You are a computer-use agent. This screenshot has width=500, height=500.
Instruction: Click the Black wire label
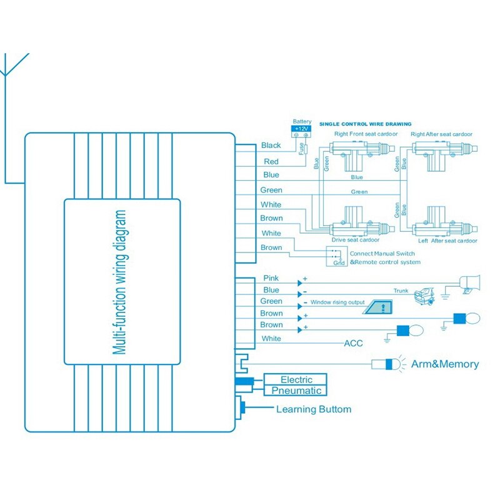(x=271, y=146)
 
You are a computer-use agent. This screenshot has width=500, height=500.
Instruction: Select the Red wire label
(x=271, y=162)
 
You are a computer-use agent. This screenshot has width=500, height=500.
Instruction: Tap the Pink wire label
(x=271, y=278)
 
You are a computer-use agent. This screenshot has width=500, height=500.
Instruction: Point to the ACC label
(x=353, y=343)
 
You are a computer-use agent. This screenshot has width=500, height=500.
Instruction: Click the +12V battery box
(x=301, y=129)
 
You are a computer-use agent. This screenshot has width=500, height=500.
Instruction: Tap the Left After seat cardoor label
(x=447, y=241)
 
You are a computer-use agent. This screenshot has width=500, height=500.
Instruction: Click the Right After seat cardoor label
(x=441, y=134)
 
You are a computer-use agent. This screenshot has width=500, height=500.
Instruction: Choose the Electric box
(x=296, y=379)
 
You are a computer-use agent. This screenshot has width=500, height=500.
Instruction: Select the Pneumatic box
(x=296, y=391)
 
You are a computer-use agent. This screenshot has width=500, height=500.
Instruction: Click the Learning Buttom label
(x=314, y=409)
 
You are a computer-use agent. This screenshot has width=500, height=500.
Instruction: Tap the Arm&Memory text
(x=444, y=364)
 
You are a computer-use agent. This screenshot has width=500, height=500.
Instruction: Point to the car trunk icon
(x=426, y=294)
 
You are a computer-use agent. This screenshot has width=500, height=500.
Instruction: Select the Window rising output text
(x=337, y=302)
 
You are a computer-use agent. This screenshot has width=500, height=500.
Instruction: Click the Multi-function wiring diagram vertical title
(x=122, y=282)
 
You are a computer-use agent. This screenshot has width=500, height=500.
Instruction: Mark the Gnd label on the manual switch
(x=338, y=262)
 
